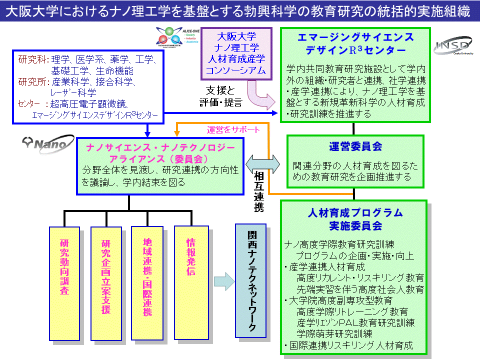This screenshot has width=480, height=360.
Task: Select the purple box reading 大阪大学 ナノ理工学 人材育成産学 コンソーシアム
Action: [236, 53]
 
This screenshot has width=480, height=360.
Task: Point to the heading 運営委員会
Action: [355, 146]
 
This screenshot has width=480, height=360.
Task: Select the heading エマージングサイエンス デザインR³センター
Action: [355, 44]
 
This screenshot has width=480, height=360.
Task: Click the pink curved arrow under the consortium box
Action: [262, 94]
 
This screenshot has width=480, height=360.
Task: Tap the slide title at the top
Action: [240, 11]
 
